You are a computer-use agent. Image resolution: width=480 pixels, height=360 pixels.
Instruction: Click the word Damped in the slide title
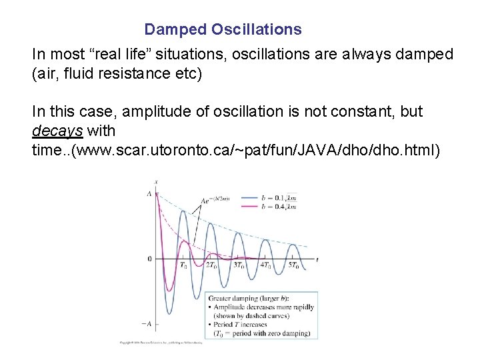coord(175,30)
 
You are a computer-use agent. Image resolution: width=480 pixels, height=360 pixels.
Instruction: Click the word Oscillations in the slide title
coord(257,30)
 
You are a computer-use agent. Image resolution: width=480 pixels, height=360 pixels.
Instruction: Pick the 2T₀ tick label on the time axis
coord(211,266)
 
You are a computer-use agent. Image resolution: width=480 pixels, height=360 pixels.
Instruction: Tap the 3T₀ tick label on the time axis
coord(238,266)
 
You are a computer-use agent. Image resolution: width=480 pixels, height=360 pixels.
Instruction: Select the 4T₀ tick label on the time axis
coord(266,266)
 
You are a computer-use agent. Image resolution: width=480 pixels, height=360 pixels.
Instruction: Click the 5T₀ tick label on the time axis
coord(294,266)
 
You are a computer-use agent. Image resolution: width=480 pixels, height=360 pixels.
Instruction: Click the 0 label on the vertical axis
coord(149,259)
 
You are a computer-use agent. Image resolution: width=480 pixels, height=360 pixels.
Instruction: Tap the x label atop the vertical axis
coord(156,182)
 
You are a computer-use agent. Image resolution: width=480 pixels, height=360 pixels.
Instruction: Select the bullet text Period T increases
coord(244,325)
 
